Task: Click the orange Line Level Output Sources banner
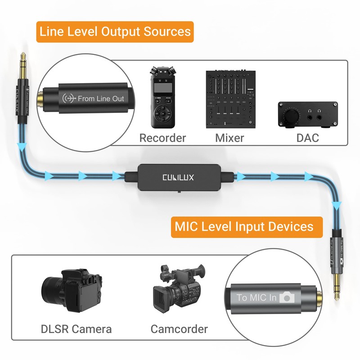[115, 32]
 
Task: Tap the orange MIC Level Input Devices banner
[247, 226]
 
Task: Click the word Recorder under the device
[162, 138]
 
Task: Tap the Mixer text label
[229, 138]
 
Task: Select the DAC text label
[307, 138]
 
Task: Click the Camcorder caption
[179, 329]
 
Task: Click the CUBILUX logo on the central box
[178, 177]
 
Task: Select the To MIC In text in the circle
[257, 297]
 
